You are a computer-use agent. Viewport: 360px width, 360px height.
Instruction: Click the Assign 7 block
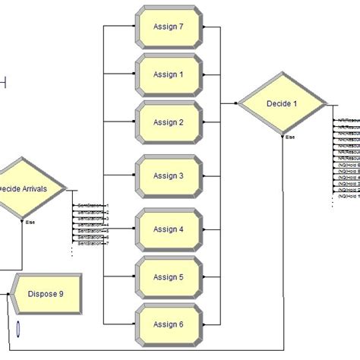point(169,26)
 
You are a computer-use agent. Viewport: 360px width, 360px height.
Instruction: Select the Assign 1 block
point(169,74)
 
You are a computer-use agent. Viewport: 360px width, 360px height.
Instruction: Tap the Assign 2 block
point(169,122)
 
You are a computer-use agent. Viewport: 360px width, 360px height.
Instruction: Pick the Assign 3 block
point(169,175)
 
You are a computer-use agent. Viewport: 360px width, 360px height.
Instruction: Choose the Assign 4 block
point(169,229)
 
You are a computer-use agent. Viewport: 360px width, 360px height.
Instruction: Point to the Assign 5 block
point(169,277)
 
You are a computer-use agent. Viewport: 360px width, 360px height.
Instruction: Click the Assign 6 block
point(169,324)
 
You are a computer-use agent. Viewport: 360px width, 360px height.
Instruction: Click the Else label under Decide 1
point(290,137)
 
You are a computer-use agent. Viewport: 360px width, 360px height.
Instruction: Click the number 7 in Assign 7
point(181,26)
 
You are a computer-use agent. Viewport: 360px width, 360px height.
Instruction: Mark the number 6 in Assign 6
point(181,324)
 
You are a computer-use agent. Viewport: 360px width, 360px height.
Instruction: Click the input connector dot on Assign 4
point(134,229)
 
